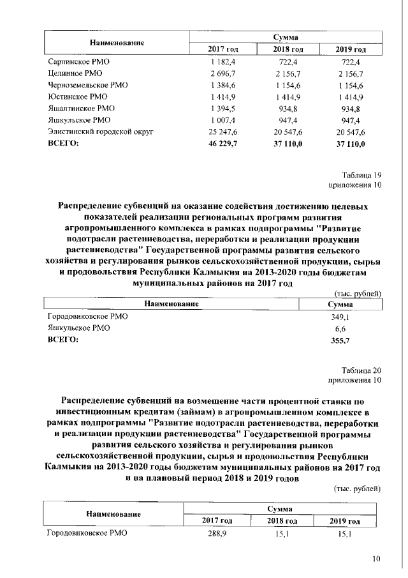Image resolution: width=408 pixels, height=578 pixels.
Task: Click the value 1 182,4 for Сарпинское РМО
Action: point(219,62)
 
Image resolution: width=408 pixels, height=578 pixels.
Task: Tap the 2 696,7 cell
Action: point(219,73)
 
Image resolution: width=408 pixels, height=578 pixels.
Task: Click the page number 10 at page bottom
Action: point(376,559)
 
